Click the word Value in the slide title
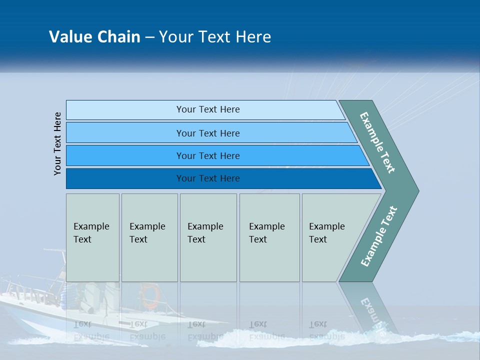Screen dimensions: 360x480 70,36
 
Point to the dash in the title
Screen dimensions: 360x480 149,37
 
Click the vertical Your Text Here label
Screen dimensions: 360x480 57,143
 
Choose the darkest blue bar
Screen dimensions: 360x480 125,178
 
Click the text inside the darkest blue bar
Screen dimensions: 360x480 208,178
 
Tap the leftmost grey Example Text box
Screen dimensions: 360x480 92,237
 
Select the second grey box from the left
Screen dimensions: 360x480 149,237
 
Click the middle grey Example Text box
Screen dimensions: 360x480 208,237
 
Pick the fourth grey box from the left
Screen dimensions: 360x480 269,237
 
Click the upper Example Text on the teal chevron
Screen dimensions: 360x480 377,142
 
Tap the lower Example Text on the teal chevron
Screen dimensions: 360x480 379,236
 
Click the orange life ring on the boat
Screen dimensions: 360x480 149,296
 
